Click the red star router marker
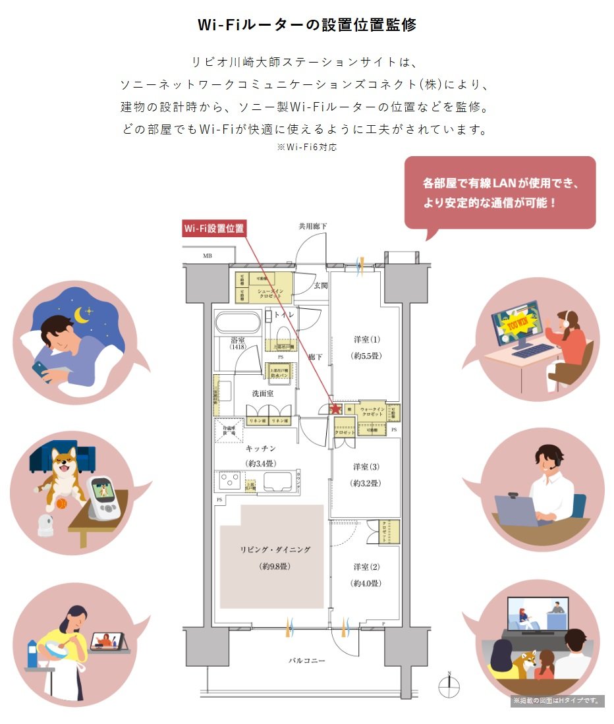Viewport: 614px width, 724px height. pos(335,408)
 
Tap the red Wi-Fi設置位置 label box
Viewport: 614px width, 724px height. pos(213,229)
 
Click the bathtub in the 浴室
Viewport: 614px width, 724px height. pos(237,323)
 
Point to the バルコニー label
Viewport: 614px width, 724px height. pos(306,660)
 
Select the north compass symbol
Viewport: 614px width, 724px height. pos(449,686)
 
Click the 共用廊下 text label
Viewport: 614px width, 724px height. pos(312,226)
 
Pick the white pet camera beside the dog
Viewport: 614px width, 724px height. pos(45,524)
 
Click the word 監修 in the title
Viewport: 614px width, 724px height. pos(399,25)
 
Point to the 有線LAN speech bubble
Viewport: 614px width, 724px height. pos(499,192)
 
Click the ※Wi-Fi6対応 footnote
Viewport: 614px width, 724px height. pos(307,148)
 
